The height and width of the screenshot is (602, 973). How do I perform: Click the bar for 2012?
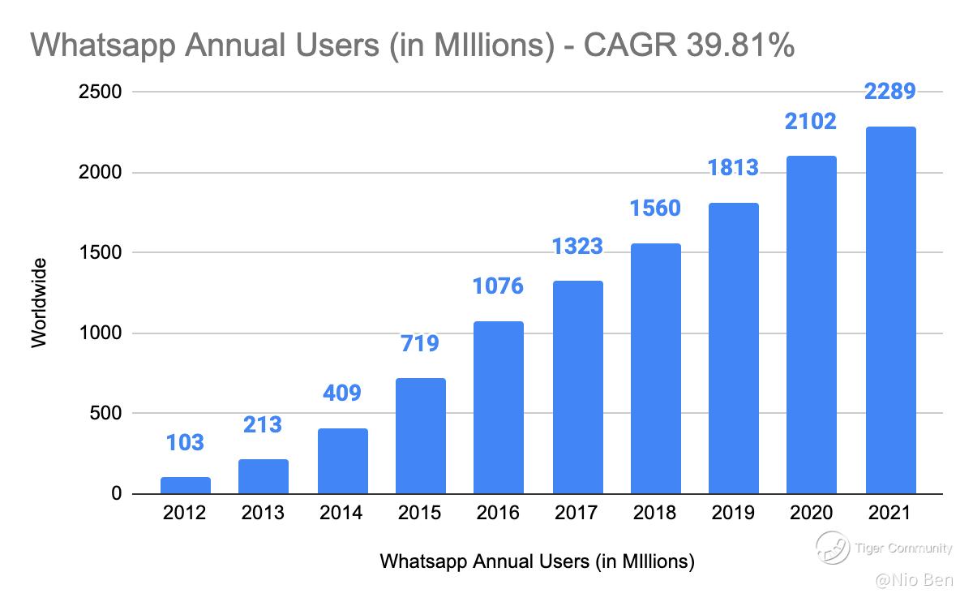coord(186,485)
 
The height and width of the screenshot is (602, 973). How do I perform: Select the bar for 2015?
coord(421,436)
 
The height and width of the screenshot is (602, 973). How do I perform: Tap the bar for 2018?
coord(656,368)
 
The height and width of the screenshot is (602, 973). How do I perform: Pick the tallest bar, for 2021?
coord(890,310)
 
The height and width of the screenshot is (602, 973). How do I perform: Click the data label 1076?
coord(499,286)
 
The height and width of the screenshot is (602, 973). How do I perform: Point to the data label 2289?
coord(890,92)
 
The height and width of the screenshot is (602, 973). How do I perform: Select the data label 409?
coord(342,393)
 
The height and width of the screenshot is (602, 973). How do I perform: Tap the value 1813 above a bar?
coord(733,168)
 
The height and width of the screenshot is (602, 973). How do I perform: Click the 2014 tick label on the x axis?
coord(342,514)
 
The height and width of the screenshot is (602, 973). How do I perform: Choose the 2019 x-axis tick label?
coord(733,514)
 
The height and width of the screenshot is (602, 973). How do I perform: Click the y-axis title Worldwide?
coord(39,302)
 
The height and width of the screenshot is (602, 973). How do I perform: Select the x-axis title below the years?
coord(538,561)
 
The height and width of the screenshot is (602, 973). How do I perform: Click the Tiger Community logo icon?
coord(832,549)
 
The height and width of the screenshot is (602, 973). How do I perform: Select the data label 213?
coord(264,424)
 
